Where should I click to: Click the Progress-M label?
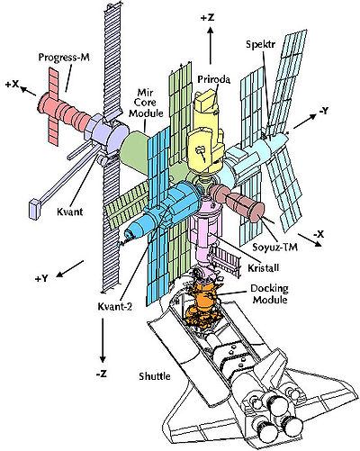click(64, 57)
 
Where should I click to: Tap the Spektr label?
click(260, 44)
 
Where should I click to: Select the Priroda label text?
click(213, 79)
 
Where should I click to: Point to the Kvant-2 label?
click(115, 306)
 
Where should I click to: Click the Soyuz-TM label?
click(275, 247)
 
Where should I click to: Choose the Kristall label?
click(264, 267)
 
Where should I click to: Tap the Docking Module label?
click(270, 294)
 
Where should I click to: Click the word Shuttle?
click(155, 376)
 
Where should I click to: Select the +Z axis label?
click(208, 18)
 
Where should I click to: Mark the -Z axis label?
click(102, 374)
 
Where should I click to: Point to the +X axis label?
click(13, 85)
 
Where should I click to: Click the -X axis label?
click(319, 234)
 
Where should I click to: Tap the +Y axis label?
click(41, 278)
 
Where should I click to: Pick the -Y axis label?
click(324, 111)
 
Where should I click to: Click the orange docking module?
click(202, 303)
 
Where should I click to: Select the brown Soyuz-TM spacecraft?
click(237, 202)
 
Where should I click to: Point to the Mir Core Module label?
click(146, 103)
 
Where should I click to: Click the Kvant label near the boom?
click(69, 212)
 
